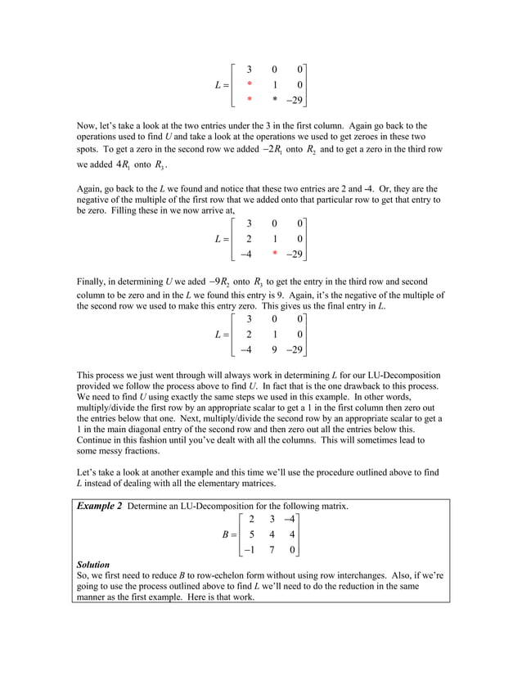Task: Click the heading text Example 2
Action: click(x=99, y=507)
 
